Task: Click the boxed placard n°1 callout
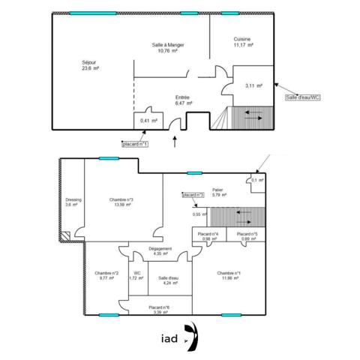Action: [x=135, y=143]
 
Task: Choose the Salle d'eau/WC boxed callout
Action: [x=303, y=96]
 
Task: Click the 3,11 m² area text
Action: [x=253, y=86]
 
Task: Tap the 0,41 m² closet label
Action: [x=148, y=121]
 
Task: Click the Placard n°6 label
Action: [x=159, y=308]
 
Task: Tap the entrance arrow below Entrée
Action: [x=175, y=139]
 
